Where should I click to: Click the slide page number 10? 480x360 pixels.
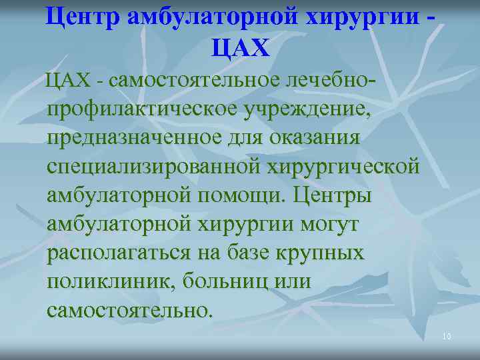(446, 337)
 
